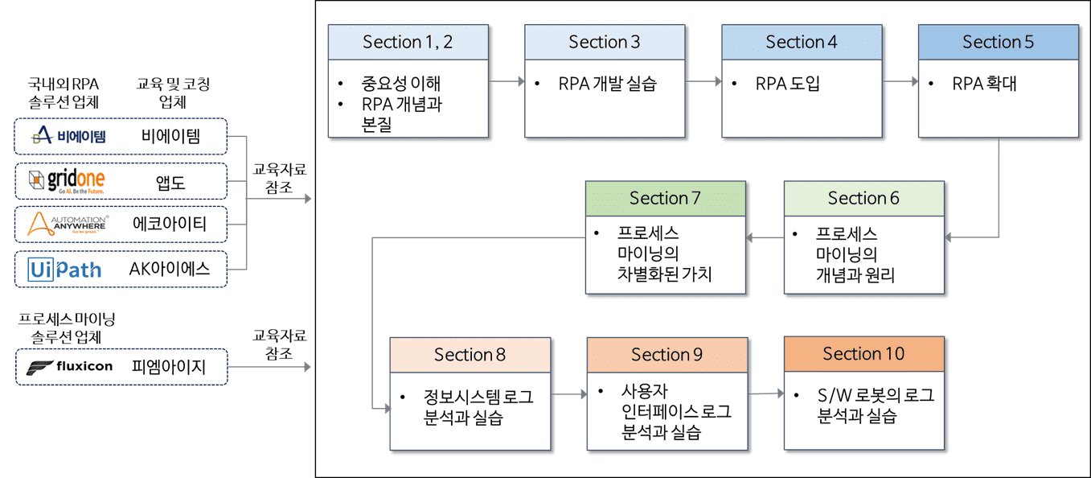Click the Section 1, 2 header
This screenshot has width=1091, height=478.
tap(408, 43)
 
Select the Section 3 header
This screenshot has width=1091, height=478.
tap(605, 43)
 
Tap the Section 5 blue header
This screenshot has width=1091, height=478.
tap(999, 43)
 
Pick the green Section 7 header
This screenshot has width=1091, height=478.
tap(666, 199)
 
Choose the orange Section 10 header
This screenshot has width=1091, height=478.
tap(864, 354)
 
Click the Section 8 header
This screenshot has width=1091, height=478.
tap(470, 355)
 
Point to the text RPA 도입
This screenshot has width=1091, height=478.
tap(788, 84)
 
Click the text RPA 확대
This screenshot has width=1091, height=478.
tap(984, 84)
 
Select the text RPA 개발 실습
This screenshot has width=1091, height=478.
tap(607, 84)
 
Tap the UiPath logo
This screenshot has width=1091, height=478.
tap(65, 270)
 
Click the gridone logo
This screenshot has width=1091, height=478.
tap(67, 181)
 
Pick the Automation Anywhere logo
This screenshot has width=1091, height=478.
tap(67, 225)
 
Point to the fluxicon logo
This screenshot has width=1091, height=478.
tap(69, 367)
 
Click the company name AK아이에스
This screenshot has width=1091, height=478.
tap(170, 269)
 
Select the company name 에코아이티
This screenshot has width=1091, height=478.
tap(170, 225)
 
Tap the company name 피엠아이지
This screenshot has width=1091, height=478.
tap(169, 367)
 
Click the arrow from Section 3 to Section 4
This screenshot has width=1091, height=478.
tap(703, 81)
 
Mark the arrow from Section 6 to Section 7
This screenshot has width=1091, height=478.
tap(765, 237)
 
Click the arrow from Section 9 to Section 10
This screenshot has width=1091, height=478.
tap(766, 394)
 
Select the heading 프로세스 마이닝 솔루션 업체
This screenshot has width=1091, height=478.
tap(67, 328)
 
